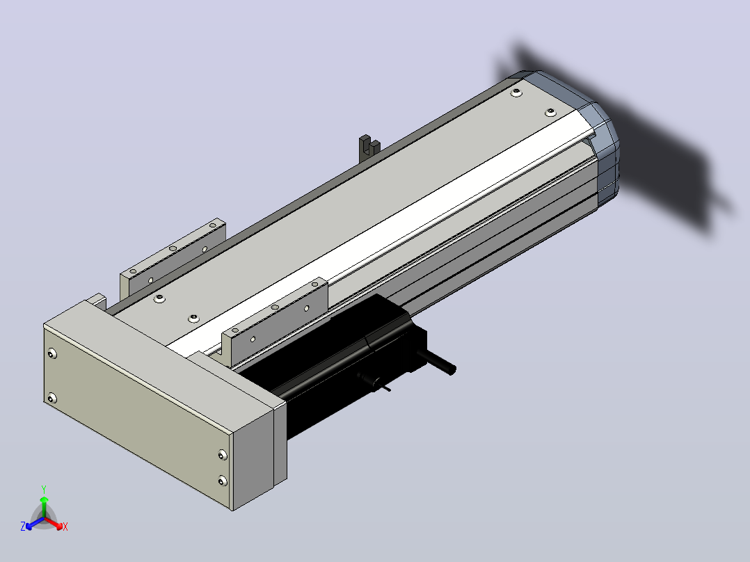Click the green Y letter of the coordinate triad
click(44, 489)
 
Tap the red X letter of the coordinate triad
click(65, 527)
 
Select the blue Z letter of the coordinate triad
click(23, 526)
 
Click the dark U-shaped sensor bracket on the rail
click(369, 145)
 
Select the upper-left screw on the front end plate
click(52, 354)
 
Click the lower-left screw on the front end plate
click(52, 398)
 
